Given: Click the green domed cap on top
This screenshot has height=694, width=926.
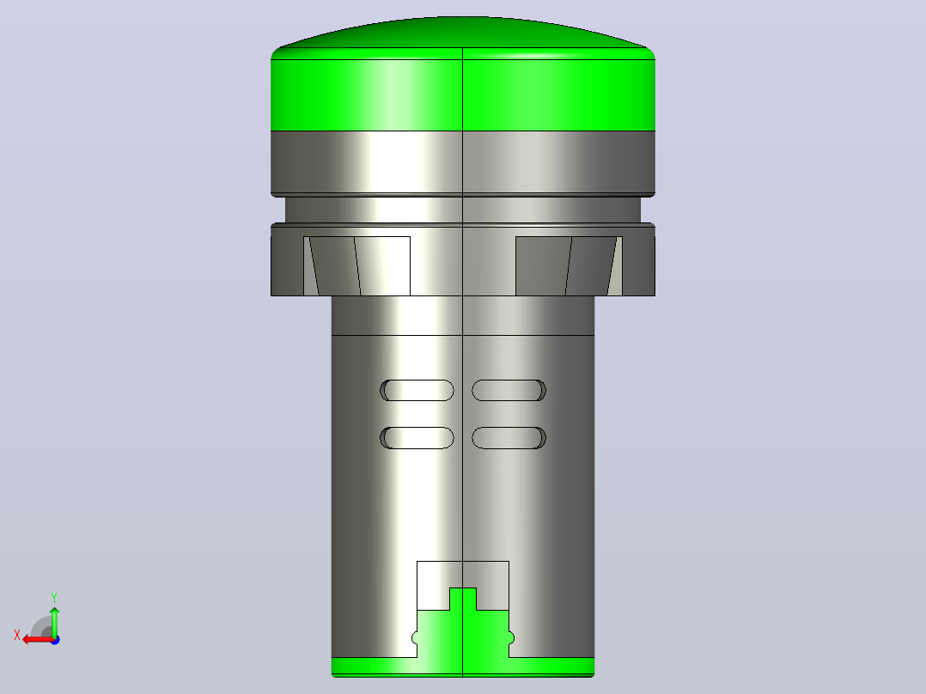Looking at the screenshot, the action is (463, 74).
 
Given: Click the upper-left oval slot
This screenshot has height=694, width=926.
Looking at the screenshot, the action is (417, 391).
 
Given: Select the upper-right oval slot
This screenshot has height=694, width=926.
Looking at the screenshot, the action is (509, 391).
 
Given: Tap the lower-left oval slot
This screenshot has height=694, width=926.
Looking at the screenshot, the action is (417, 438).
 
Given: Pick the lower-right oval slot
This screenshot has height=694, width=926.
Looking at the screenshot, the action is (509, 438).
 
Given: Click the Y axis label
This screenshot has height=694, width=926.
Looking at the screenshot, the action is (54, 598).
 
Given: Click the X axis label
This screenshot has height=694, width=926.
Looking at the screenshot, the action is (17, 636).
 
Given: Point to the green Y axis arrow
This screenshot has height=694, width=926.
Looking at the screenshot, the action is (54, 622).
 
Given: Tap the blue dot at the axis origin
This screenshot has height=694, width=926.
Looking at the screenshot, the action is (55, 640).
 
